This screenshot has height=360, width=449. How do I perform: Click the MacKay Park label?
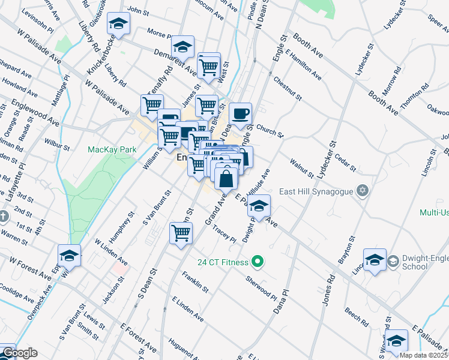(112, 149)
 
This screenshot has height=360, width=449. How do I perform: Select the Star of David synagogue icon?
(362, 191)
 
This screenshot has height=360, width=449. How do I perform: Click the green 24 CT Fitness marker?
(258, 262)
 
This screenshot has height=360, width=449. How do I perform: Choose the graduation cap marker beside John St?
(119, 25)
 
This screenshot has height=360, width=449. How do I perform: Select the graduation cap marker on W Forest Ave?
(69, 256)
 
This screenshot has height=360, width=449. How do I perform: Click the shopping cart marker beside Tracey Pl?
(181, 233)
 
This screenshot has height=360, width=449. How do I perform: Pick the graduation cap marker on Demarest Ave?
(182, 47)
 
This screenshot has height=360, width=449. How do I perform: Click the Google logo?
(19, 353)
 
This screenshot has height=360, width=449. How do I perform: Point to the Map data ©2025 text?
(424, 355)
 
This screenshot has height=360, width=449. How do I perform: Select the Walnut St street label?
(301, 167)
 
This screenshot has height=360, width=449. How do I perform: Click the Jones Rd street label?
(328, 291)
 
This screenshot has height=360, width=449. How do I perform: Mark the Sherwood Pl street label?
(261, 289)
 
